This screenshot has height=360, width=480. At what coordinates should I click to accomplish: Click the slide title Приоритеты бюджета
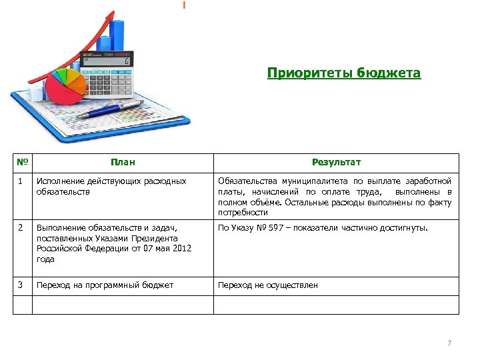coord(344,73)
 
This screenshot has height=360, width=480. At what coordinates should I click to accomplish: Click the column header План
coord(123,163)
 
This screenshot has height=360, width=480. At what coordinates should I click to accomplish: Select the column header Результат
coord(336,163)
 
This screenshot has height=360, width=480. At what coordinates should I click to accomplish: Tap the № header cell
coord(23,163)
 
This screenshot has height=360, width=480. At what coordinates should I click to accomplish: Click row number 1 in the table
coord(21,181)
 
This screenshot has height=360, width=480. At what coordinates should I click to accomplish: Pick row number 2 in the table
coord(21,227)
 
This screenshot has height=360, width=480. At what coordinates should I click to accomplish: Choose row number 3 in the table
coord(21,285)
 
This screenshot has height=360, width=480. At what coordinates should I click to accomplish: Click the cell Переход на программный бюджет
coord(105,285)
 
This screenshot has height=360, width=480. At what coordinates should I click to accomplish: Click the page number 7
coord(449,343)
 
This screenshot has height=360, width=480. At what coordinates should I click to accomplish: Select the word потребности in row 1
coord(243,213)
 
